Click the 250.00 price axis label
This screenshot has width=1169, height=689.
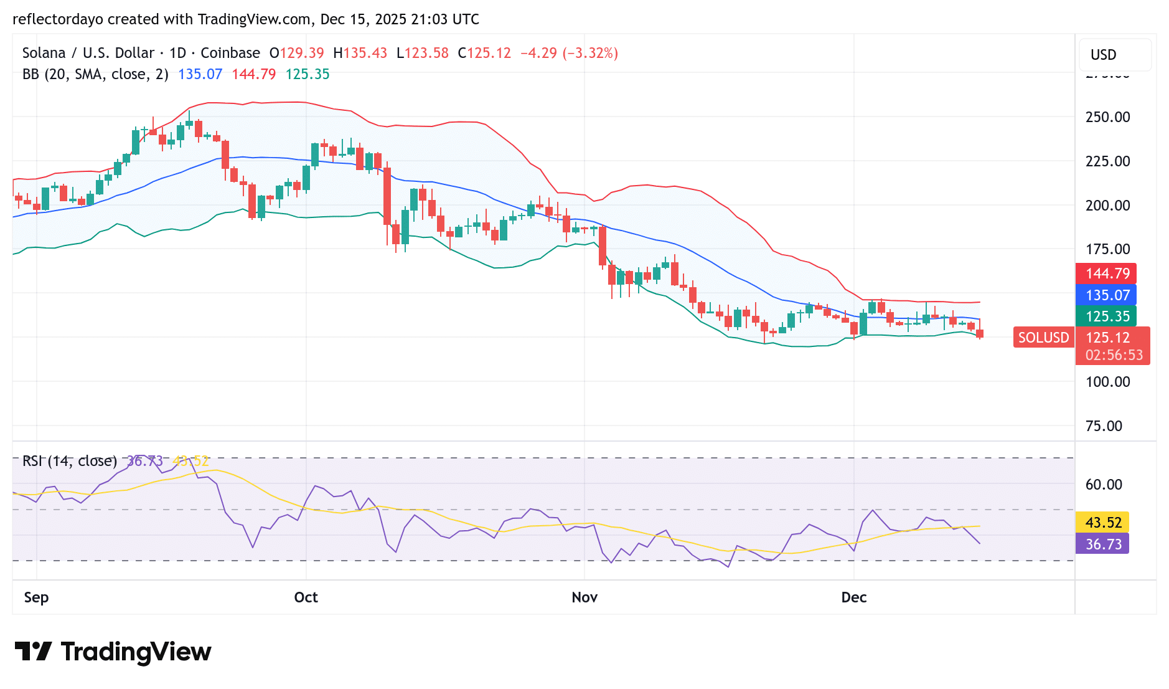(x=1107, y=117)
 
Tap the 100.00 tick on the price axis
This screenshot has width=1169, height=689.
(x=1107, y=382)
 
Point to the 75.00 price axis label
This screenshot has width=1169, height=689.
(x=1104, y=426)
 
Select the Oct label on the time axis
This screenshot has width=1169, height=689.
(x=306, y=597)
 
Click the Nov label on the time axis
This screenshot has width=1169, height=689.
(x=584, y=597)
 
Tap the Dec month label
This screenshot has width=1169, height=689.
(x=853, y=597)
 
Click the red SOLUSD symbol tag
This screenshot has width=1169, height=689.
(x=1043, y=338)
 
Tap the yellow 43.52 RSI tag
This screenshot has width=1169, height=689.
(x=1102, y=523)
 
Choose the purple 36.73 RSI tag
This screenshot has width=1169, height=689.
(x=1102, y=544)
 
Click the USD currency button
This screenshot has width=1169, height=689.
(x=1104, y=55)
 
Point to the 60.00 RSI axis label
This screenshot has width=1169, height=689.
(x=1104, y=485)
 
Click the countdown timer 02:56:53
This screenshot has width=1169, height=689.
(x=1114, y=355)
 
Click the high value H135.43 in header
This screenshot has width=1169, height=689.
(x=360, y=53)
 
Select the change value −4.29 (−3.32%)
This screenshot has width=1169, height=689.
(x=569, y=53)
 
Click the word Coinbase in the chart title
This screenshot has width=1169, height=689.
(x=230, y=53)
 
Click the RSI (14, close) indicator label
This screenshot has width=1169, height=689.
(x=70, y=461)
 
